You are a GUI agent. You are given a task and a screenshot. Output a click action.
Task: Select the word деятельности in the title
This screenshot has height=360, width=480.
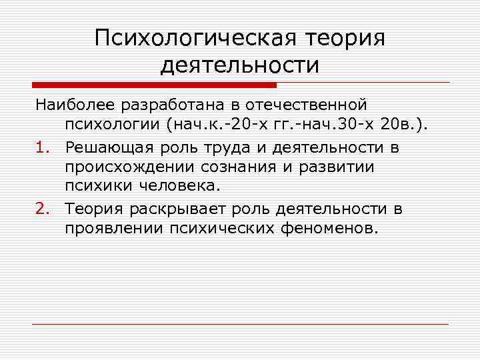click(240, 65)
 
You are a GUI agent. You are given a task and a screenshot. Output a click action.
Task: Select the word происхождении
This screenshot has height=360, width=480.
click(123, 167)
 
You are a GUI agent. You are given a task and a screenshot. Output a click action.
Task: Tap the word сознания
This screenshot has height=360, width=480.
click(223, 167)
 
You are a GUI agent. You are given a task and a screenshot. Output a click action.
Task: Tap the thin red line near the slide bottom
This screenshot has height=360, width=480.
click(240, 324)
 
